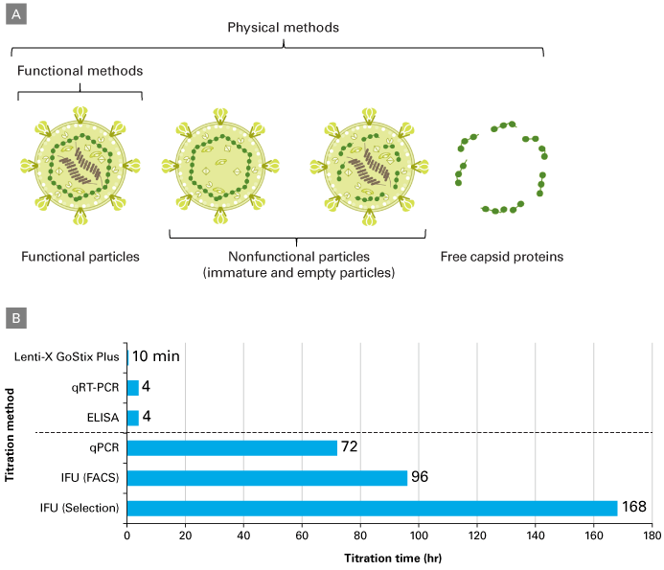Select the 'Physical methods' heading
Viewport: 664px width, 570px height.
pos(283,27)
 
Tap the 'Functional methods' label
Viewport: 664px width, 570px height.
pos(80,71)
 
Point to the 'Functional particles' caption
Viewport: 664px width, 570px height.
pos(80,257)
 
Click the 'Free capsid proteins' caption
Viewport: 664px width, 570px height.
pos(502,257)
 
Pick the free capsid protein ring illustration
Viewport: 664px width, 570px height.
pos(502,167)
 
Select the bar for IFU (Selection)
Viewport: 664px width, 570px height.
pos(372,508)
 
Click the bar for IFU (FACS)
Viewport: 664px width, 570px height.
pos(266,477)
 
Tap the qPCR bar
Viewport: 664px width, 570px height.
pos(232,447)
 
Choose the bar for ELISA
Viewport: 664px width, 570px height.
pos(132,418)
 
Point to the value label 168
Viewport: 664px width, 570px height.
pos(634,508)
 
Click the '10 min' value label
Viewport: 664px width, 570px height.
pos(155,357)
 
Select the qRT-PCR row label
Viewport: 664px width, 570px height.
pos(94,388)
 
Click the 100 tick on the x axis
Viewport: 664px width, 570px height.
pos(419,535)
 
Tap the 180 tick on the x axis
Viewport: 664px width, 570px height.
pos(653,535)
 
